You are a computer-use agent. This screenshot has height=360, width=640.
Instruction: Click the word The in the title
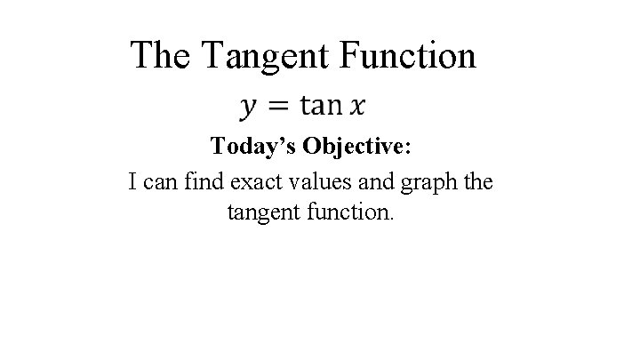click(161, 55)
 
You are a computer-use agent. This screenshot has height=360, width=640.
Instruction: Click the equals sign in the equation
click(278, 107)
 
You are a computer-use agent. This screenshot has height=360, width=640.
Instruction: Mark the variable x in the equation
click(356, 107)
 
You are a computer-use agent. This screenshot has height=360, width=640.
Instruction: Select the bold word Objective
click(358, 147)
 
